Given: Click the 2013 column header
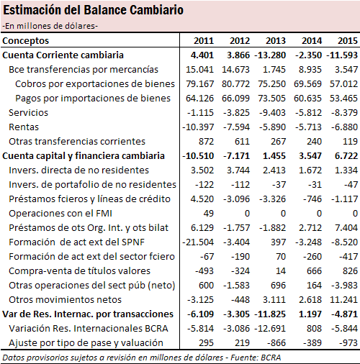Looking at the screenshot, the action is click(x=276, y=41).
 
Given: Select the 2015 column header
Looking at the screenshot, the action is click(x=348, y=41).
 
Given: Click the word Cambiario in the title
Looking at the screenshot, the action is click(x=156, y=10).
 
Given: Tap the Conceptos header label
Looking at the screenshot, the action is click(x=25, y=41).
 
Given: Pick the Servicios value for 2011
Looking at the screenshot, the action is click(x=200, y=113).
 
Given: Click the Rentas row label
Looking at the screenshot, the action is click(x=24, y=127).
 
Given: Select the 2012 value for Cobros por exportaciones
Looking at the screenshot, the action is click(x=235, y=84).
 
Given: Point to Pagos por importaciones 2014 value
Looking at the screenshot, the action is click(x=307, y=99).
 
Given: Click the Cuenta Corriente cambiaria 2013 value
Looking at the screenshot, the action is click(x=270, y=55).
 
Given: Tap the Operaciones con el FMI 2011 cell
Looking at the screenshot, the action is click(x=209, y=214).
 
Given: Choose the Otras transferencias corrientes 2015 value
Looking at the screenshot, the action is click(x=350, y=142).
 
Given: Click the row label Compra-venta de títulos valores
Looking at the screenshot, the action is click(x=79, y=271).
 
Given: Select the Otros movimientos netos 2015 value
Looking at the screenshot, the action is click(x=343, y=300).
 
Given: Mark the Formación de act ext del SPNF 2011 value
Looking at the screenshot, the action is click(x=198, y=242).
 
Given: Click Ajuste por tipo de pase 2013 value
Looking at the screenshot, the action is click(x=276, y=343).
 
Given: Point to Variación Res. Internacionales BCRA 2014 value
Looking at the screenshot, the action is click(x=314, y=329).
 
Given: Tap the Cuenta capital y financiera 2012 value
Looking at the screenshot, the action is click(x=236, y=156).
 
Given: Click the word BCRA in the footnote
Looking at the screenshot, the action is click(x=271, y=358).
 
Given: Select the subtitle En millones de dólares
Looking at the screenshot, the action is click(x=50, y=26).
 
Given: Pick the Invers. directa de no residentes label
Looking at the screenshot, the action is click(x=78, y=170).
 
